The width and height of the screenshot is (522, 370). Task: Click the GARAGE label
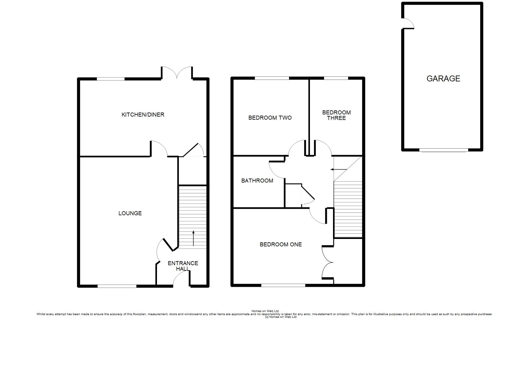click(443, 78)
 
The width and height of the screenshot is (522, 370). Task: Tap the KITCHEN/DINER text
click(143, 115)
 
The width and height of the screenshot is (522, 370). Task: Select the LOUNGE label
click(130, 213)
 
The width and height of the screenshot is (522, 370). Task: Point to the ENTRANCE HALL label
click(183, 266)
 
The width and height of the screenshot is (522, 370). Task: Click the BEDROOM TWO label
click(270, 118)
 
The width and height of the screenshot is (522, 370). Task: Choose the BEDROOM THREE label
click(336, 115)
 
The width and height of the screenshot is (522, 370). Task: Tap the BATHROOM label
click(257, 180)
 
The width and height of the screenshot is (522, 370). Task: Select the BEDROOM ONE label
click(281, 245)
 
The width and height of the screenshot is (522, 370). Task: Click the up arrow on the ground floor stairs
click(193, 238)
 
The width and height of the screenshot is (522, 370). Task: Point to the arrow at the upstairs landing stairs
click(339, 169)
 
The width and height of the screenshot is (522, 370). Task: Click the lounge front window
click(117, 286)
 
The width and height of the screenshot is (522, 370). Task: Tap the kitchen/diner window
click(111, 79)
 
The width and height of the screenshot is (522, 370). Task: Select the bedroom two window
click(272, 78)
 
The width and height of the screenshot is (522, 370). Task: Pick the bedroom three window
click(336, 78)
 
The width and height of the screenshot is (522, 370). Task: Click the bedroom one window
click(283, 285)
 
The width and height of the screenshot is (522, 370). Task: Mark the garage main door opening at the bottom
click(444, 150)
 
